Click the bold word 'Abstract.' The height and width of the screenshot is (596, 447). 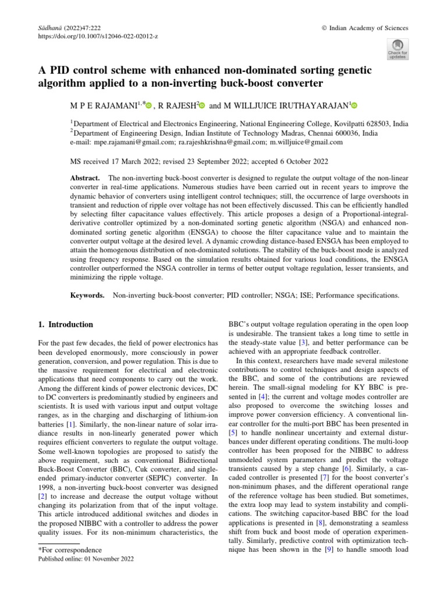[x=86, y=177]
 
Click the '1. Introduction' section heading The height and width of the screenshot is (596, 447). [x=65, y=324]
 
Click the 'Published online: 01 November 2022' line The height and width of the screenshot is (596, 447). [x=86, y=559]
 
